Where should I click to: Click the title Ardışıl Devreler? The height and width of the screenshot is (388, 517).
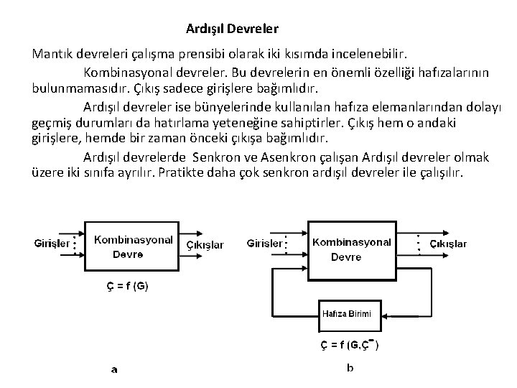[x=232, y=29]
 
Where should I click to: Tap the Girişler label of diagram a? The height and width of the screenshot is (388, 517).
[x=52, y=244]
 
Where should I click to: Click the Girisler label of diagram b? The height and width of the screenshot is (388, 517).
[x=265, y=244]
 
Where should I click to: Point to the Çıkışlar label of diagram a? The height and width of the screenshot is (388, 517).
[x=205, y=245]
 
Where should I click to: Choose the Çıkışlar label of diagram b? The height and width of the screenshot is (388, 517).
[x=448, y=244]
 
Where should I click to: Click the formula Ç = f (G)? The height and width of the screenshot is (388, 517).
[x=124, y=285]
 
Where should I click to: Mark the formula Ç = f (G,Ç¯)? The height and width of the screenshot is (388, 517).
[x=350, y=343]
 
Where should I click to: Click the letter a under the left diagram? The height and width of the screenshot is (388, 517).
[x=114, y=371]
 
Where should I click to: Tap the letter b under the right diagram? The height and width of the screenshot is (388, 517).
[x=350, y=369]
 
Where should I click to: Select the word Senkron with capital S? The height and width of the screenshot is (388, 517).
[x=215, y=157]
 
